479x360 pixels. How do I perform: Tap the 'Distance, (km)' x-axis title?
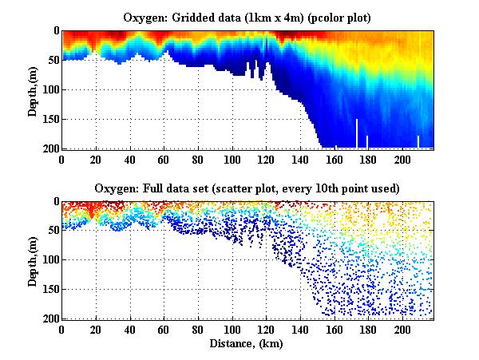[x=248, y=343]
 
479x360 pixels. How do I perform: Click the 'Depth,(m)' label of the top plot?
[x=33, y=89]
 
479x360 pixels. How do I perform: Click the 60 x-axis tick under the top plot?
[x=164, y=158]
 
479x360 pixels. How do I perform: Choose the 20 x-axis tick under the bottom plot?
[x=97, y=329]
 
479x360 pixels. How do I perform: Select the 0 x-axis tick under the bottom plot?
[x=62, y=329]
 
